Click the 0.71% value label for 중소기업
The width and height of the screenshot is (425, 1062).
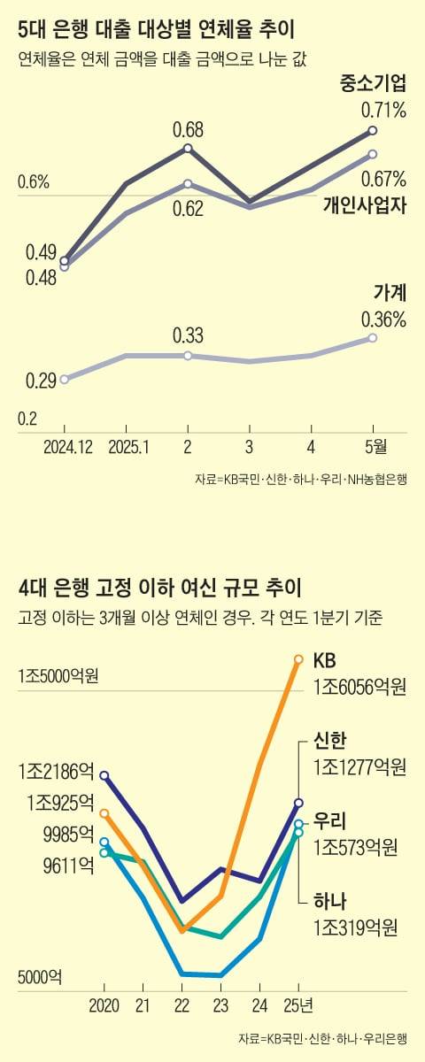(x=383, y=111)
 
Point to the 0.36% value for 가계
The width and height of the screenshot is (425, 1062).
(x=383, y=319)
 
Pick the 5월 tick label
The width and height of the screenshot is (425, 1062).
(x=373, y=448)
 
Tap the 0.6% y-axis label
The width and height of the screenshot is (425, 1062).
(x=33, y=183)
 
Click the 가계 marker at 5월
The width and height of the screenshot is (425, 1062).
(x=373, y=338)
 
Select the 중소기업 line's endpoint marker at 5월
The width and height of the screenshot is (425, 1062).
(x=373, y=131)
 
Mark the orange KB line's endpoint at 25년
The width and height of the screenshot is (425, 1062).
(x=298, y=658)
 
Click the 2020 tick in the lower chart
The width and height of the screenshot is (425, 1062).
(x=104, y=1006)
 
